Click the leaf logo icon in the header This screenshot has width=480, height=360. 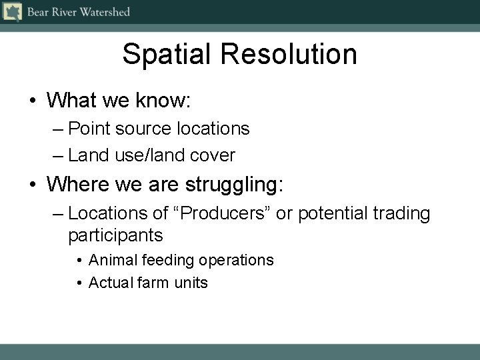click(x=12, y=12)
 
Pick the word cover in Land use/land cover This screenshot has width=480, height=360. click(x=213, y=156)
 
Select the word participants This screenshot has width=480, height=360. click(x=115, y=235)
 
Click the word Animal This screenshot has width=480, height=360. click(x=112, y=260)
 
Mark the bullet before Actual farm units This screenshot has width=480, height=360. click(x=79, y=283)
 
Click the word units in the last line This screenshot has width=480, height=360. click(x=191, y=283)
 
